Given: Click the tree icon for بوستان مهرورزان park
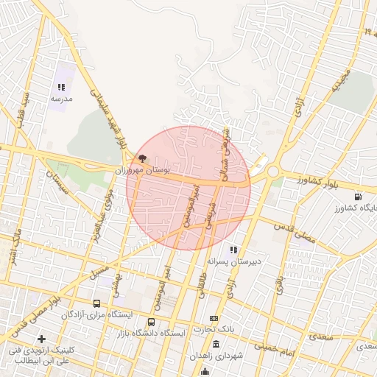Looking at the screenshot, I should point(141,158).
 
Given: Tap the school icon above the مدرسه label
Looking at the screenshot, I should point(60,87).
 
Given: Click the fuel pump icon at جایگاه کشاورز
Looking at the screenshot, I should point(357,196).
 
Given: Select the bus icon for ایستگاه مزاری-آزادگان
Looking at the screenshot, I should point(96,303).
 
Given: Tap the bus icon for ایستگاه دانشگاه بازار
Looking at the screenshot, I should point(151,322).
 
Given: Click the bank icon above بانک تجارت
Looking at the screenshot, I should point(214,317).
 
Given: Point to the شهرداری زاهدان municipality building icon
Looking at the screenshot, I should point(216,344).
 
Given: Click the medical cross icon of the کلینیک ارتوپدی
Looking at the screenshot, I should point(41,339).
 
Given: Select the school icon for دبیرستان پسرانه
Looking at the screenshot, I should point(234,250).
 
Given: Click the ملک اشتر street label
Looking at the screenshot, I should point(12,248).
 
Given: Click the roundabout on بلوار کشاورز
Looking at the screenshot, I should point(273,172).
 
